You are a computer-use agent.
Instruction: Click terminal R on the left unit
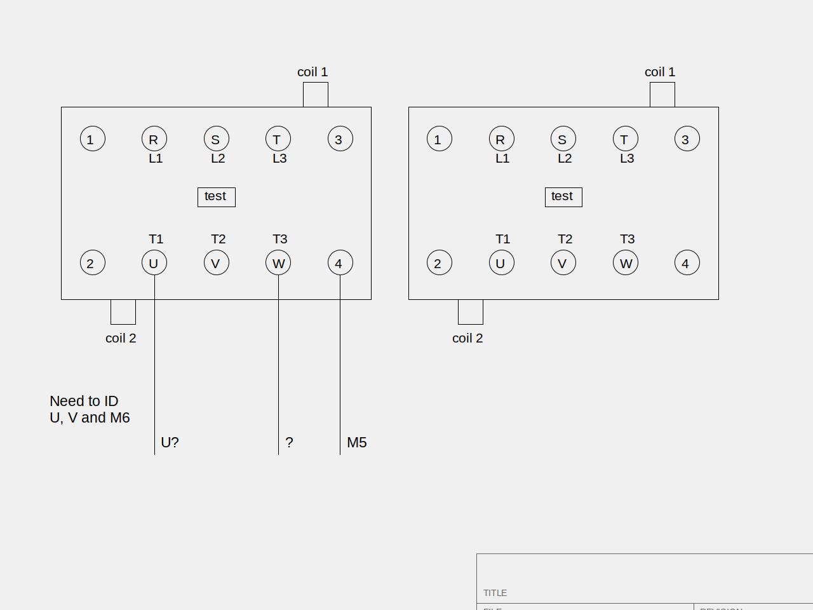(154, 139)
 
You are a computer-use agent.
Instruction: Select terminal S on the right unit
(563, 139)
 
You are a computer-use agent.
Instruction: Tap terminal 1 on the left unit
(92, 139)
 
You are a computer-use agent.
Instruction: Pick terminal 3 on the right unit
(687, 139)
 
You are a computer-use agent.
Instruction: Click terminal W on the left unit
(278, 263)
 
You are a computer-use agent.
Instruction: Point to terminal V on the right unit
(563, 263)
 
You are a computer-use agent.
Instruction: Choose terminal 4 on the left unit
(340, 263)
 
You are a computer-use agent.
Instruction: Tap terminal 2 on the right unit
(439, 263)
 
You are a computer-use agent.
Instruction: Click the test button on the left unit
(216, 197)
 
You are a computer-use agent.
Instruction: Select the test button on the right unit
(563, 197)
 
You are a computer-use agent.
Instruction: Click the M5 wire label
(357, 442)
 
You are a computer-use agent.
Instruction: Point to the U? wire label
(170, 442)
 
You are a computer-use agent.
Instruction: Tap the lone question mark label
(289, 442)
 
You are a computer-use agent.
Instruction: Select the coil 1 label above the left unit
(312, 72)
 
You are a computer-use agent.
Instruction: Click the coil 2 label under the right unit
(467, 338)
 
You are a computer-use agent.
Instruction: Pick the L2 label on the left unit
(218, 158)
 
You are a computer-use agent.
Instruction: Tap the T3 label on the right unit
(627, 239)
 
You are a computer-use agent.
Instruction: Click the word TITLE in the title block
(495, 593)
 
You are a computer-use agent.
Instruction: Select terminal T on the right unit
(625, 139)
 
